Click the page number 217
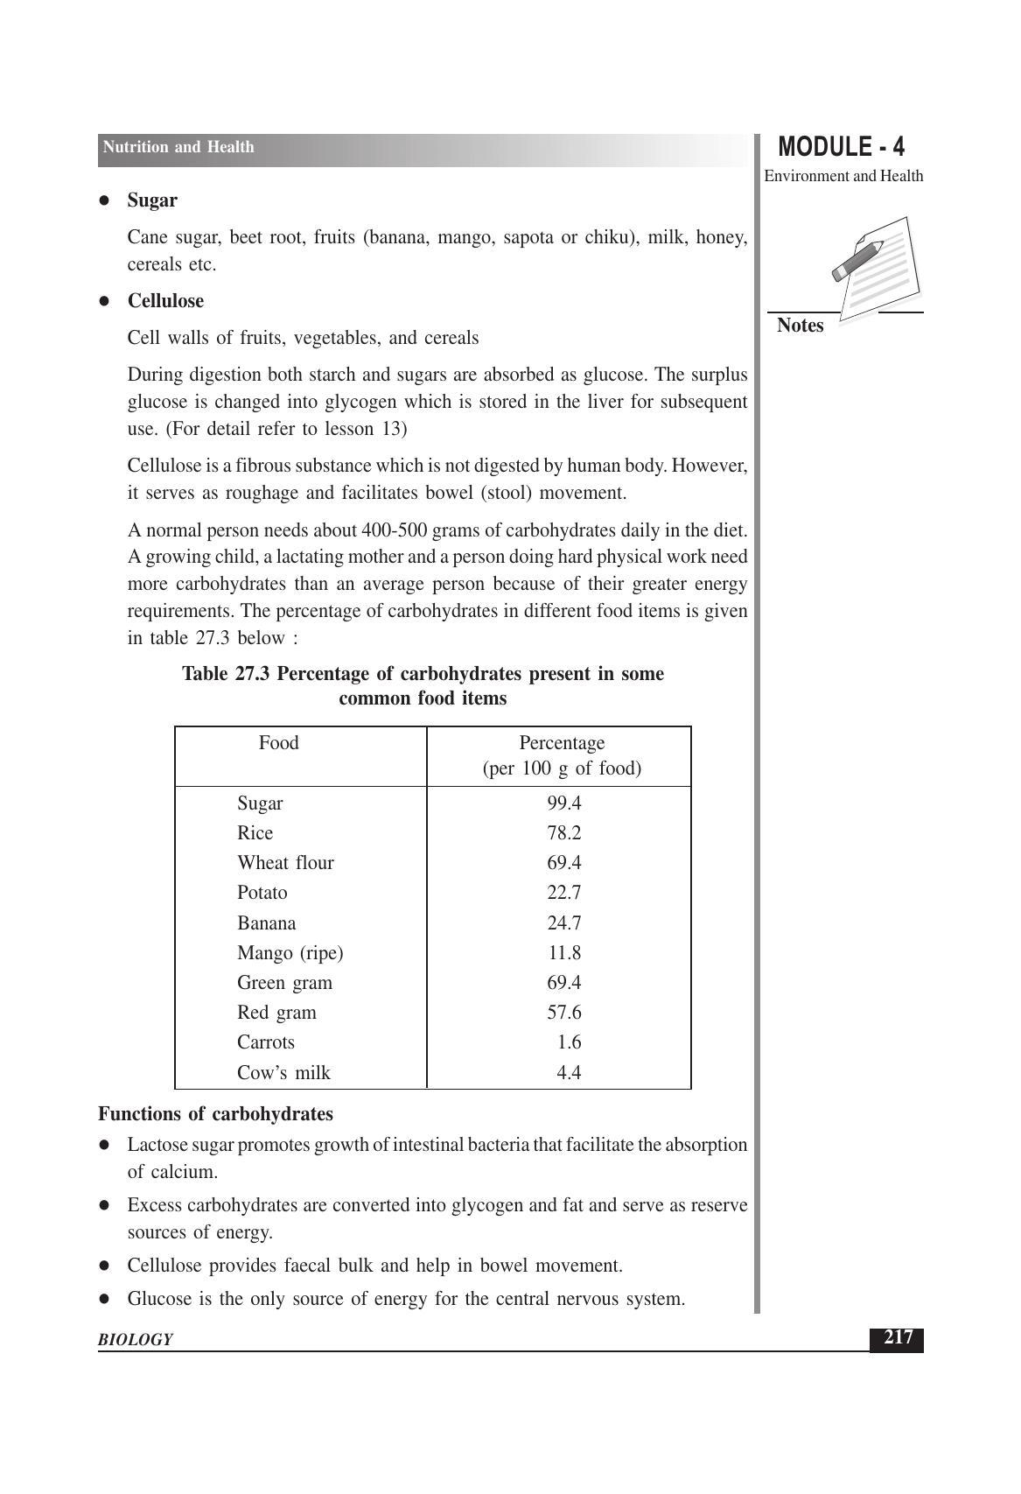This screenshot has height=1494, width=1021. point(897,1338)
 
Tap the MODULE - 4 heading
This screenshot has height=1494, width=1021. point(841,146)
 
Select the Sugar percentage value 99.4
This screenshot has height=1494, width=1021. point(564,803)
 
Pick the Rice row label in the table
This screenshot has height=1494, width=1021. point(255,833)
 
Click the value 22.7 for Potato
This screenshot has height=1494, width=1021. point(564,893)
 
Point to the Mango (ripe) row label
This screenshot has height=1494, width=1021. point(290,953)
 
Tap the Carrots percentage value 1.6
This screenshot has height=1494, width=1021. point(569,1042)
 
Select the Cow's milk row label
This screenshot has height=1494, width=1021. point(283,1073)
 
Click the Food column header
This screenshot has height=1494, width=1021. point(278,743)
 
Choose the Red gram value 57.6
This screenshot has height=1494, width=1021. point(564,1013)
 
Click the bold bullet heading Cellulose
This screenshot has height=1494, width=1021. point(165,301)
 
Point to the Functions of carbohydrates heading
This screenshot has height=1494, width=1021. point(215,1114)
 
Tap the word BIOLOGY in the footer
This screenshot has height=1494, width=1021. point(135,1340)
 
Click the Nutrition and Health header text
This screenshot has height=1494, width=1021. point(178,147)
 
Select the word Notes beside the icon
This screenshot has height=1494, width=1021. point(800,326)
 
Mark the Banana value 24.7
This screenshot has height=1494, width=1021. point(564,923)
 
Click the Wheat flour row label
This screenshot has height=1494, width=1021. point(285,863)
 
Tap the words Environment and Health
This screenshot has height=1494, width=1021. point(843,176)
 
